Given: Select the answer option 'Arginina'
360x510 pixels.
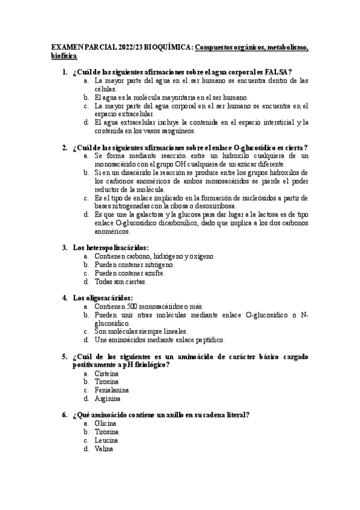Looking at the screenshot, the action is (108, 399).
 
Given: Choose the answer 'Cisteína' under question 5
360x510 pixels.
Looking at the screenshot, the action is (106, 373).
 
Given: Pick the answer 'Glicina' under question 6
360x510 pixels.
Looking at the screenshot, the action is (105, 423).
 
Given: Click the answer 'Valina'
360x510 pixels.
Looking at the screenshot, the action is (104, 449).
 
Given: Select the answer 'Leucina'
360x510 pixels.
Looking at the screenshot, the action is (106, 440).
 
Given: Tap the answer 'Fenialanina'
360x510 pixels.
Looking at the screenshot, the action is (112, 390).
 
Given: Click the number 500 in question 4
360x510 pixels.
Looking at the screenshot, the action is (127, 306).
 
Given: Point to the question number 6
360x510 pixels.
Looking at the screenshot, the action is (64, 415).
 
